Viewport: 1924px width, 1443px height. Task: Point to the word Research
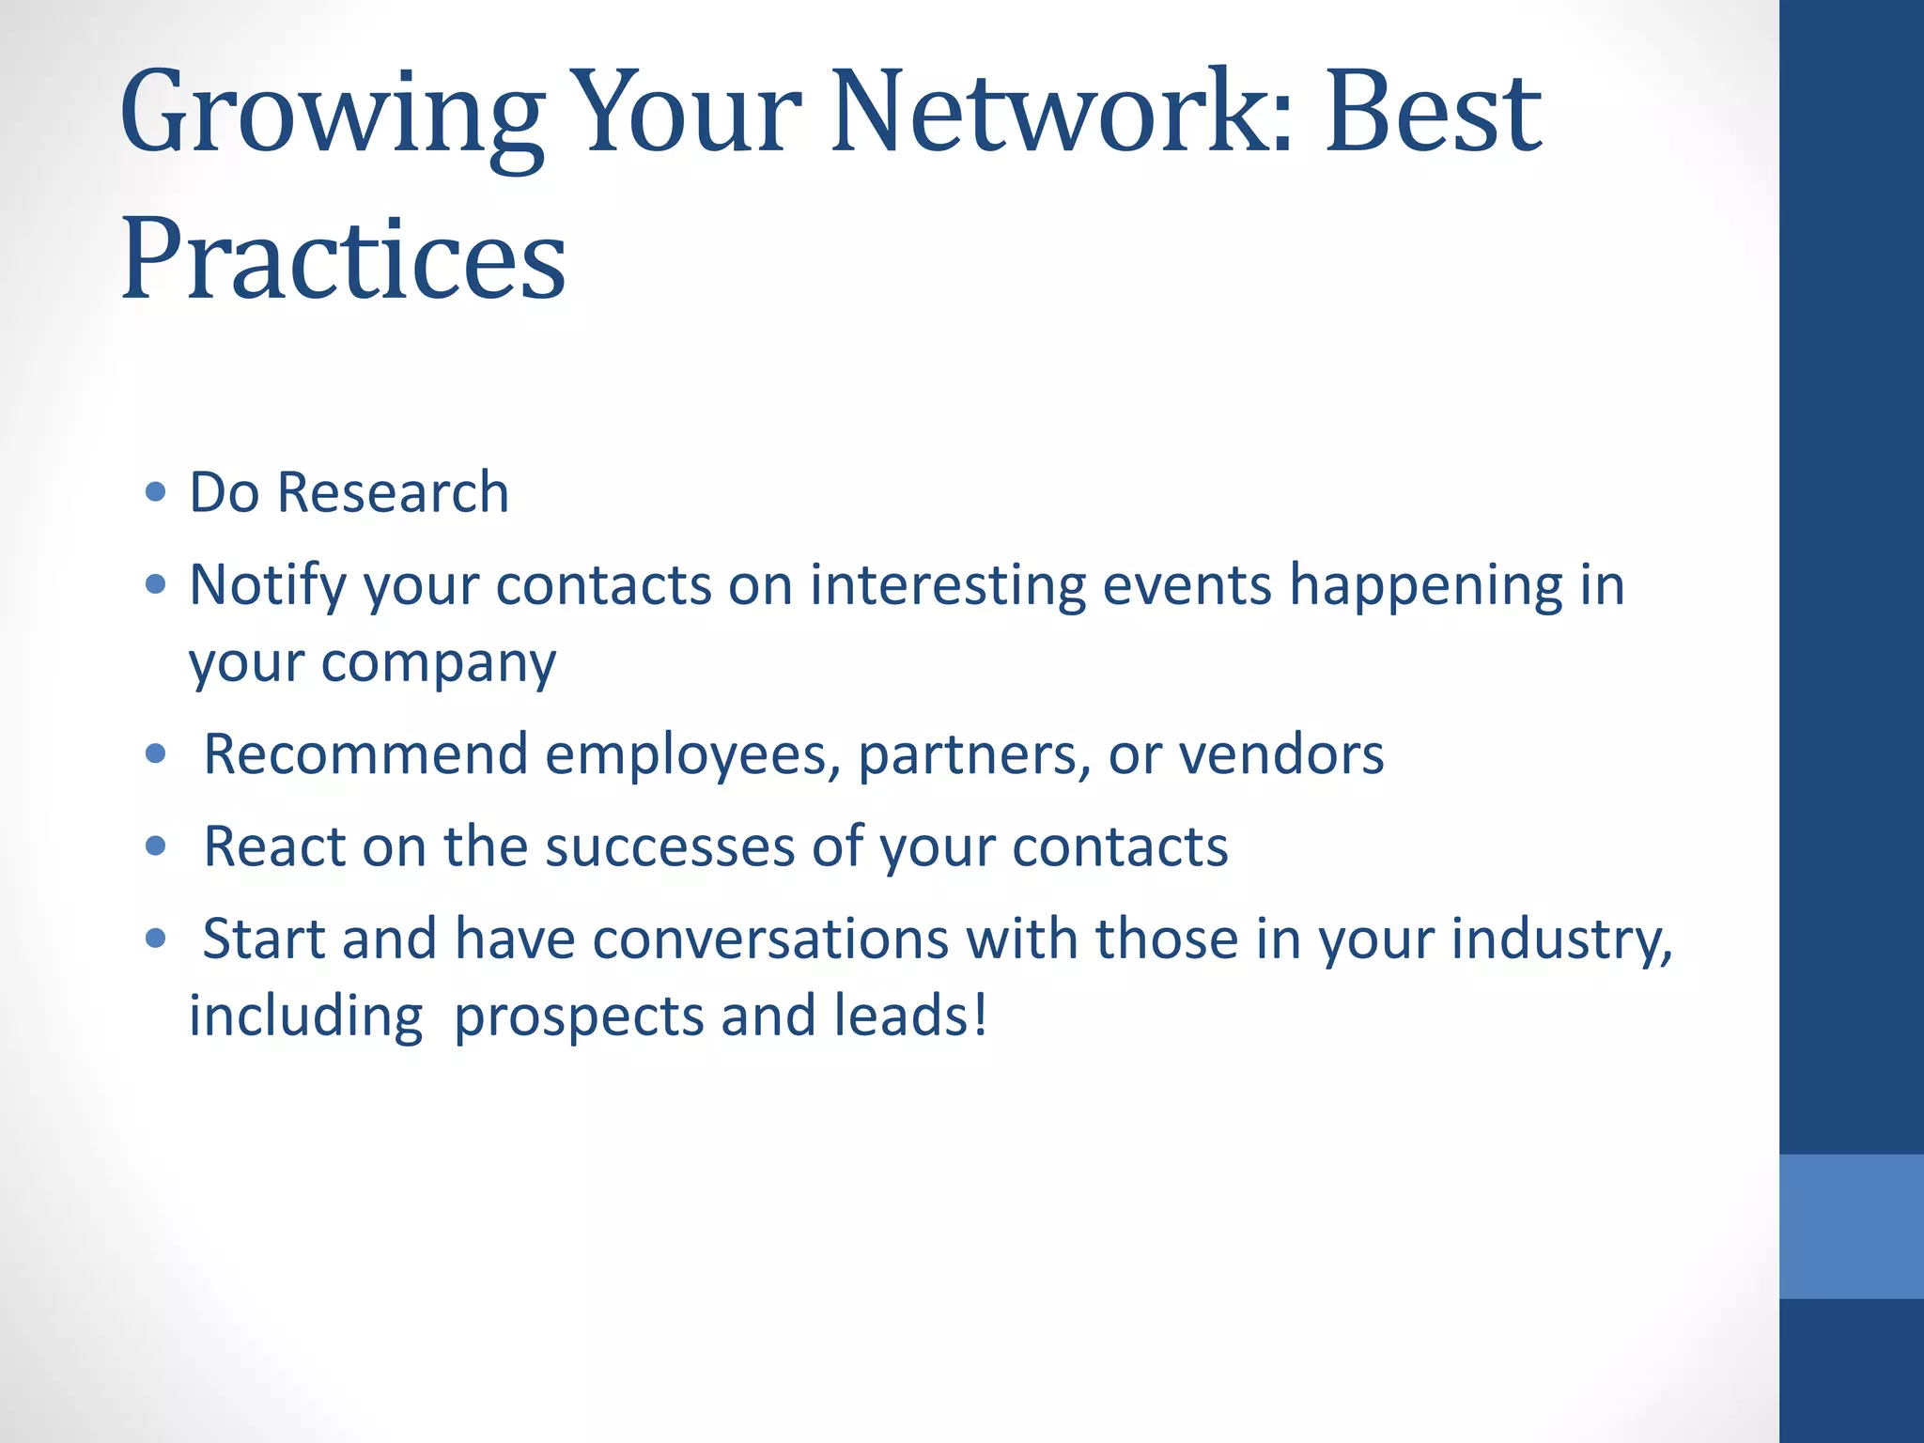coord(393,492)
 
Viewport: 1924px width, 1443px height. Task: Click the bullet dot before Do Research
coord(156,492)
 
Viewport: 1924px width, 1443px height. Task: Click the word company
coord(438,663)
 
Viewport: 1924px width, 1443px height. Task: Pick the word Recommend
coord(365,754)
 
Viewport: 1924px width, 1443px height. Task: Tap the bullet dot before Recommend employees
coord(156,753)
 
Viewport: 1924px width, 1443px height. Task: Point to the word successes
coord(670,846)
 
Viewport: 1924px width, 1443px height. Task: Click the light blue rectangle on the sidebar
coord(1851,1226)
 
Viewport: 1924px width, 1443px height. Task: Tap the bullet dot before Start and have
coord(156,938)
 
